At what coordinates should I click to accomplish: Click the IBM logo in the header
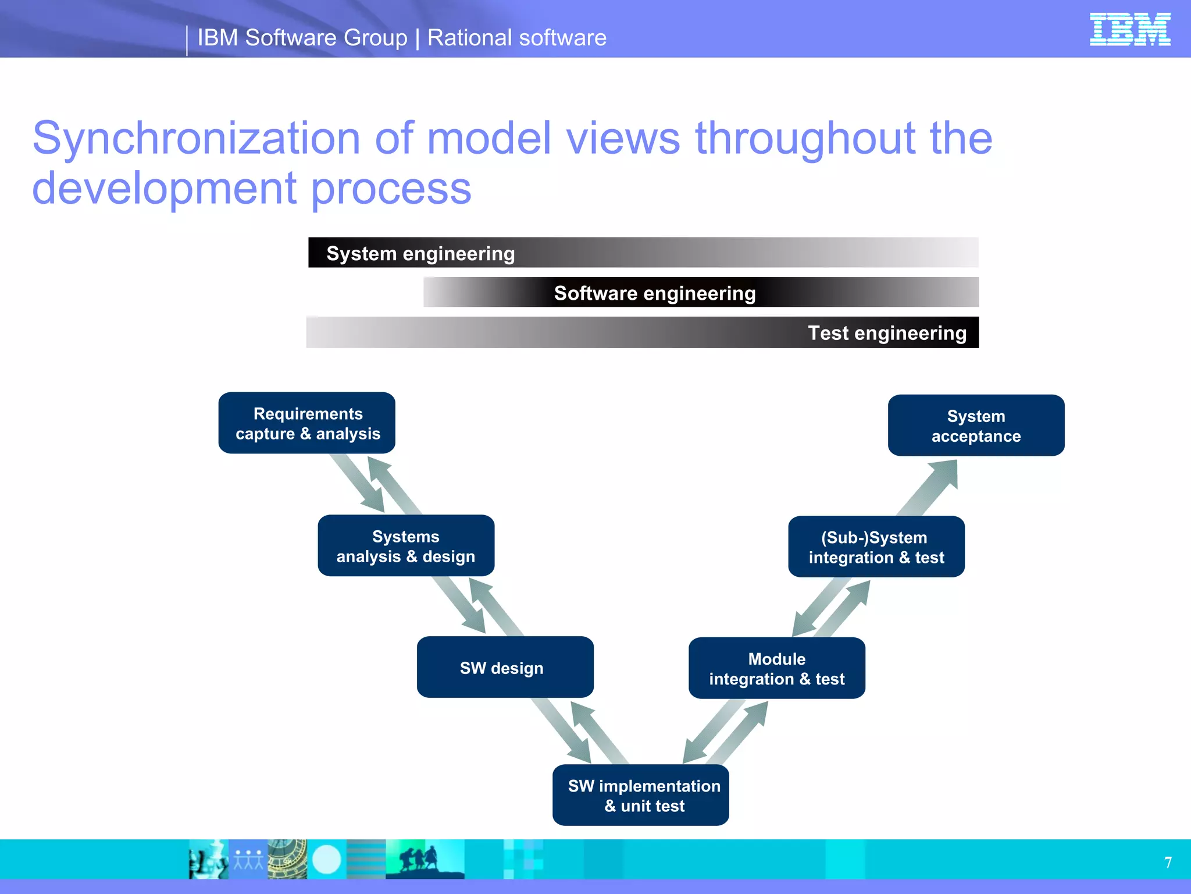coord(1129,29)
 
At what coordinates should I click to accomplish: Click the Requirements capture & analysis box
coord(307,423)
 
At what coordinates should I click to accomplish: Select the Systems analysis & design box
coord(406,546)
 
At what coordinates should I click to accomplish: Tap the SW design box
coord(505,667)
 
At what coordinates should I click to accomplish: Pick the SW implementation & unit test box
coord(641,795)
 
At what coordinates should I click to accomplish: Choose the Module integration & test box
coord(777,668)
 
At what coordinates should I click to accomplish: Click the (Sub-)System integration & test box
coord(876,547)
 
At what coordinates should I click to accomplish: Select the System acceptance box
coord(976,425)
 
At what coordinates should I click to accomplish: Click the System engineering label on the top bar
coord(420,253)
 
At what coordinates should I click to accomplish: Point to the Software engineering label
coord(655,293)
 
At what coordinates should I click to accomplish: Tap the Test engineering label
coord(887,333)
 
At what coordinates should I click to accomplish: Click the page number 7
coord(1168,862)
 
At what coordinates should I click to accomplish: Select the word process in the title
coord(391,189)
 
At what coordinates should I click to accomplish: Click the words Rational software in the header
coord(516,38)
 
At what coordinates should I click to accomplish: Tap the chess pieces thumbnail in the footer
coord(208,859)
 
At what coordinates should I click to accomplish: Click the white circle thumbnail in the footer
coord(327,859)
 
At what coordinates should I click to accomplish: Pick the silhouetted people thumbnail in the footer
coord(425,859)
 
